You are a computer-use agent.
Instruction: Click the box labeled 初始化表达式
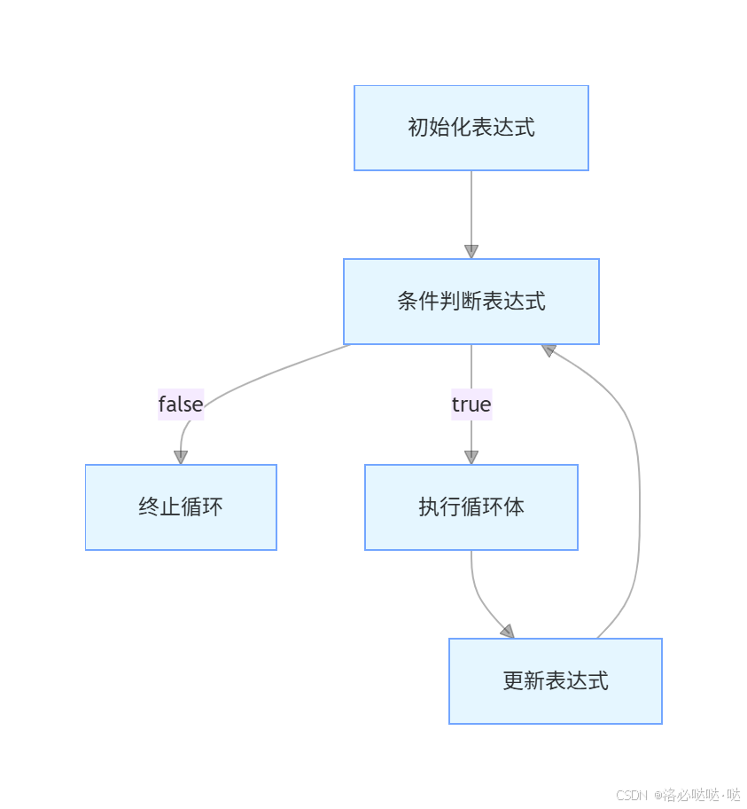[x=471, y=128]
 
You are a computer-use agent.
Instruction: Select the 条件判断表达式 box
[x=471, y=302]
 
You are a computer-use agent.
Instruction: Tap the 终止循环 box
[x=181, y=507]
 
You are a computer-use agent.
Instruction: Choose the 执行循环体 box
[x=471, y=507]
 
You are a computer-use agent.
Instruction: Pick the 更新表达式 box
[x=555, y=681]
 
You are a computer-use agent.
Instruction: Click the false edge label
[x=181, y=404]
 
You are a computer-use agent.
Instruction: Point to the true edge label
[x=471, y=404]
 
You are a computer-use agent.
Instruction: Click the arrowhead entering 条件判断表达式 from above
[x=471, y=251]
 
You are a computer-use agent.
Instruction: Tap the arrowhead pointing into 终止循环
[x=181, y=457]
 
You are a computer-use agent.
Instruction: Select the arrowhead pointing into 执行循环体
[x=471, y=457]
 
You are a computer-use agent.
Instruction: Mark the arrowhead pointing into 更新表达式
[x=507, y=632]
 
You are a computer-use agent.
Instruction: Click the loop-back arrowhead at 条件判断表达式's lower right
[x=549, y=350]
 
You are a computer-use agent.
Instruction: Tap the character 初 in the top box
[x=417, y=128]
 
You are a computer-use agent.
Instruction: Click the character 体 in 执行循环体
[x=514, y=507]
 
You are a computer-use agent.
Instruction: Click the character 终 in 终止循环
[x=149, y=507]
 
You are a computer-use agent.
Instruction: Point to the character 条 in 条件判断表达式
[x=408, y=302]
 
